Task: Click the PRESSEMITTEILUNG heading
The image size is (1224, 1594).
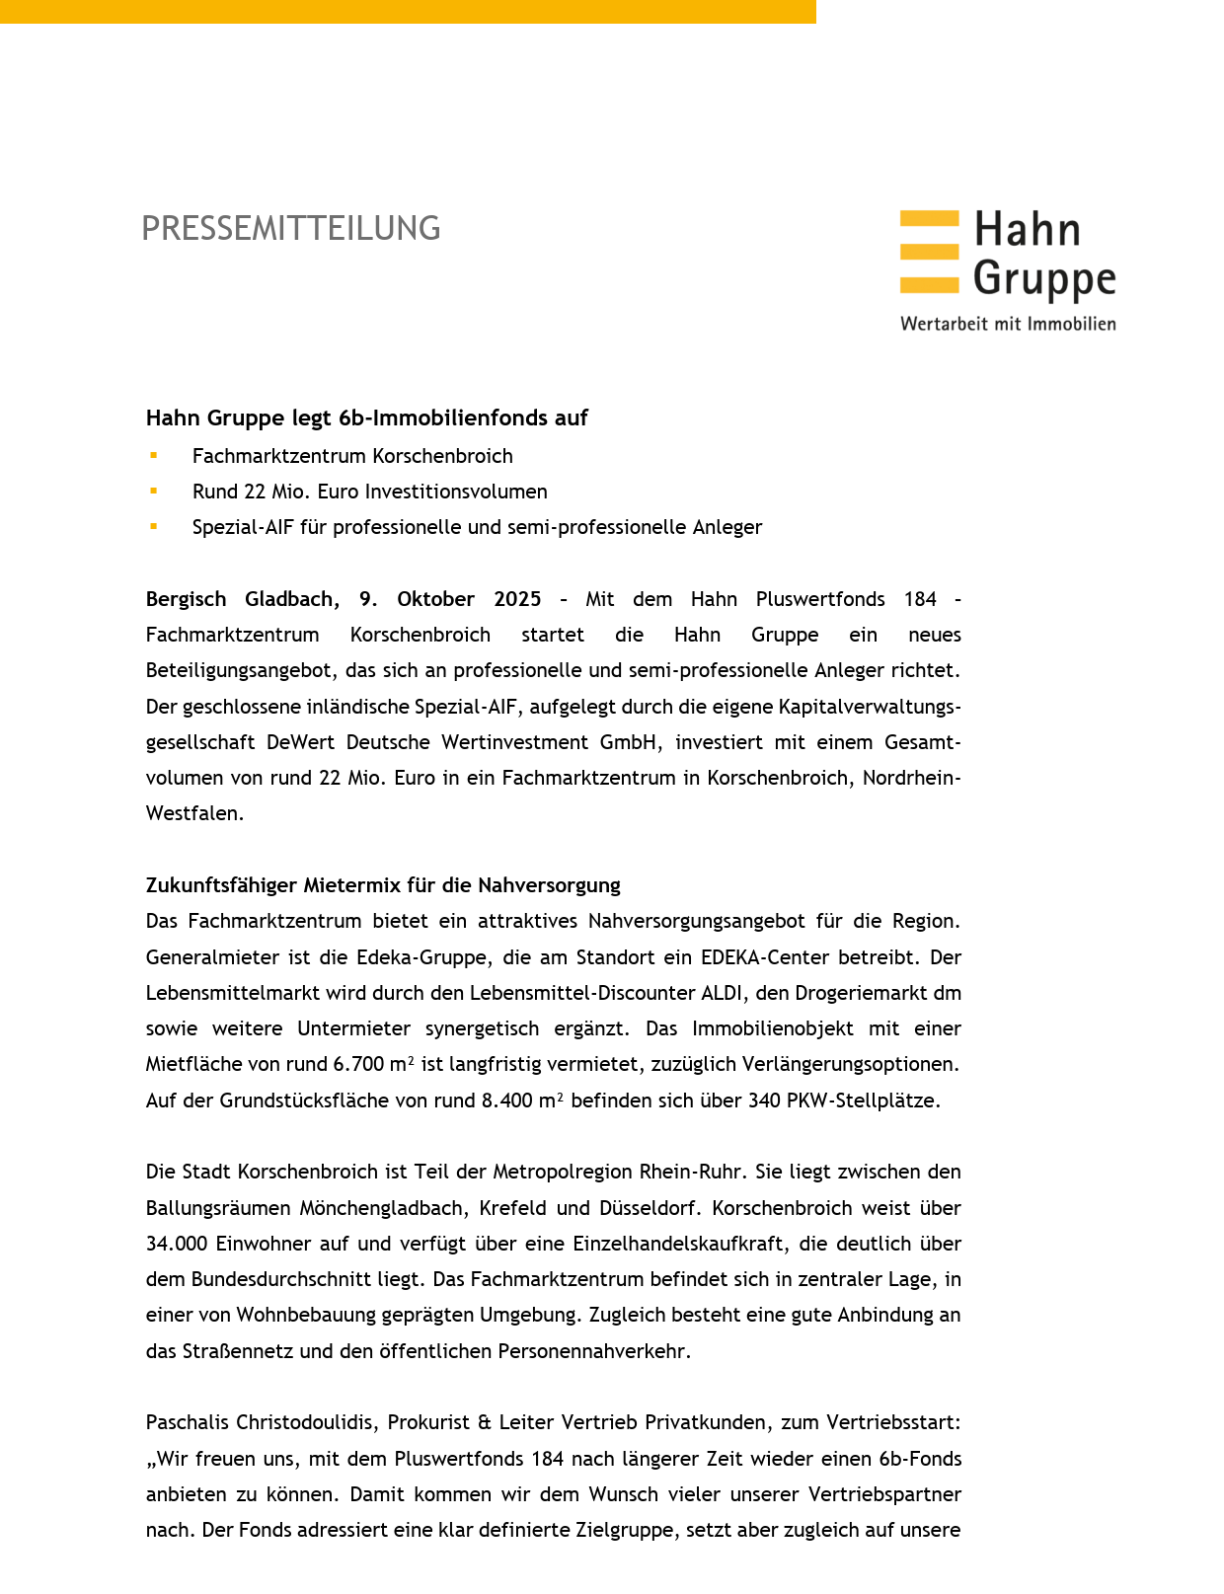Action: pyautogui.click(x=290, y=228)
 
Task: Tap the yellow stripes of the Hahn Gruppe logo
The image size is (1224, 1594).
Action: pyautogui.click(x=929, y=252)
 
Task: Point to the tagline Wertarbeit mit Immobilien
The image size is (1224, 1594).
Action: pyautogui.click(x=1007, y=324)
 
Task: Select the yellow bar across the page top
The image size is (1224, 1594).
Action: pyautogui.click(x=408, y=11)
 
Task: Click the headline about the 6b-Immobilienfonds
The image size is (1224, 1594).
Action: pyautogui.click(x=366, y=418)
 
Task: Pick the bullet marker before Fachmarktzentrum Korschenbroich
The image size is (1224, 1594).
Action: pyautogui.click(x=154, y=455)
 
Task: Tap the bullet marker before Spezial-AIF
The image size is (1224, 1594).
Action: pyautogui.click(x=154, y=526)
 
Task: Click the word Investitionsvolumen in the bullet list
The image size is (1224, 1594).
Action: pyautogui.click(x=455, y=492)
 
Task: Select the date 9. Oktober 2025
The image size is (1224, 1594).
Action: pyautogui.click(x=449, y=599)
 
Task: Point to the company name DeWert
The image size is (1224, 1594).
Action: pyautogui.click(x=299, y=742)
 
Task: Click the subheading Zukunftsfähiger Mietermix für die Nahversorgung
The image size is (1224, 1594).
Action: pyautogui.click(x=383, y=885)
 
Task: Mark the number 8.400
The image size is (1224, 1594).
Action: pyautogui.click(x=507, y=1101)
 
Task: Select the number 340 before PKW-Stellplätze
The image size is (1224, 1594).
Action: pyautogui.click(x=764, y=1101)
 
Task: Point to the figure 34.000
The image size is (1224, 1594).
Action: pyautogui.click(x=177, y=1244)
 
